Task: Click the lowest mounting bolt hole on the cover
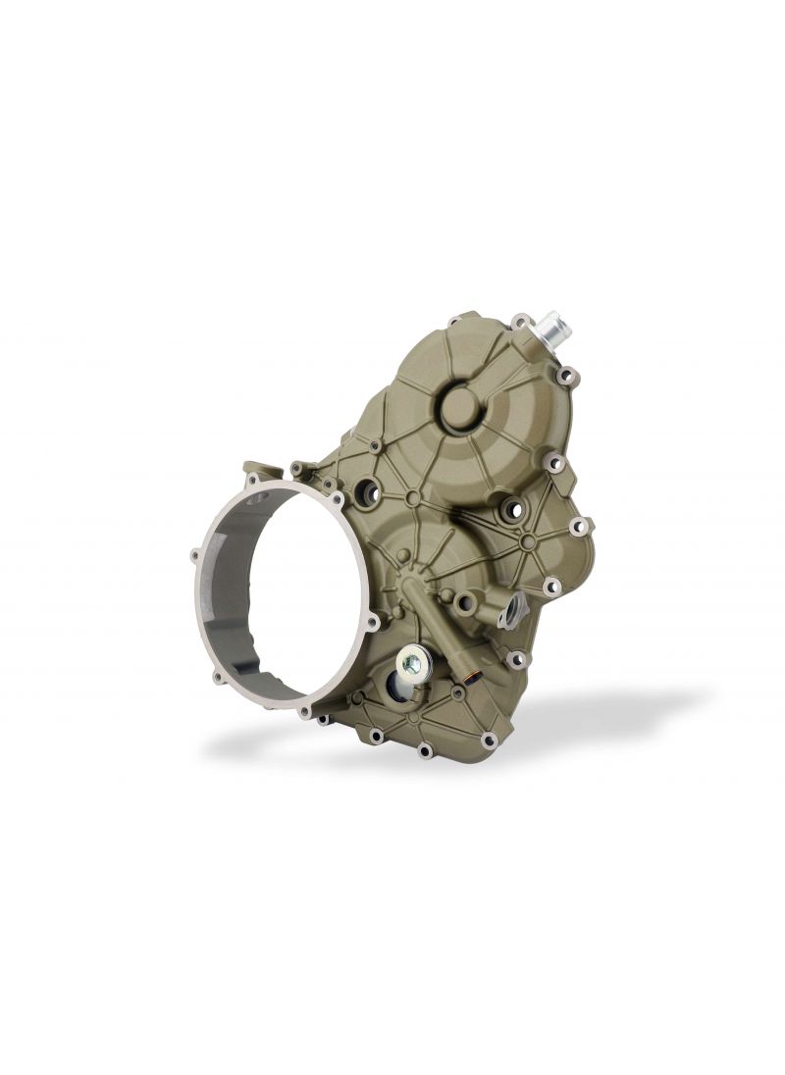(425, 752)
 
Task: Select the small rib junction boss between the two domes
(413, 499)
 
